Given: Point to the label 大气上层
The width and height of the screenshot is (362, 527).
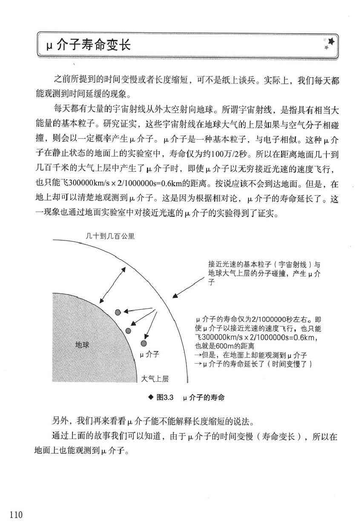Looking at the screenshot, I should [x=155, y=379].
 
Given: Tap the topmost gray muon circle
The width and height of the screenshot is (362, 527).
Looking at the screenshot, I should [x=118, y=312].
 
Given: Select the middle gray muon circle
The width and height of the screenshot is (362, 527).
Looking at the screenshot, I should [x=128, y=330].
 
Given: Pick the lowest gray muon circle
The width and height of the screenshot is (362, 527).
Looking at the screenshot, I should [x=144, y=344].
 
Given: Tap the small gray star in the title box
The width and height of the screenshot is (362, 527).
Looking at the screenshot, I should [x=326, y=48].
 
